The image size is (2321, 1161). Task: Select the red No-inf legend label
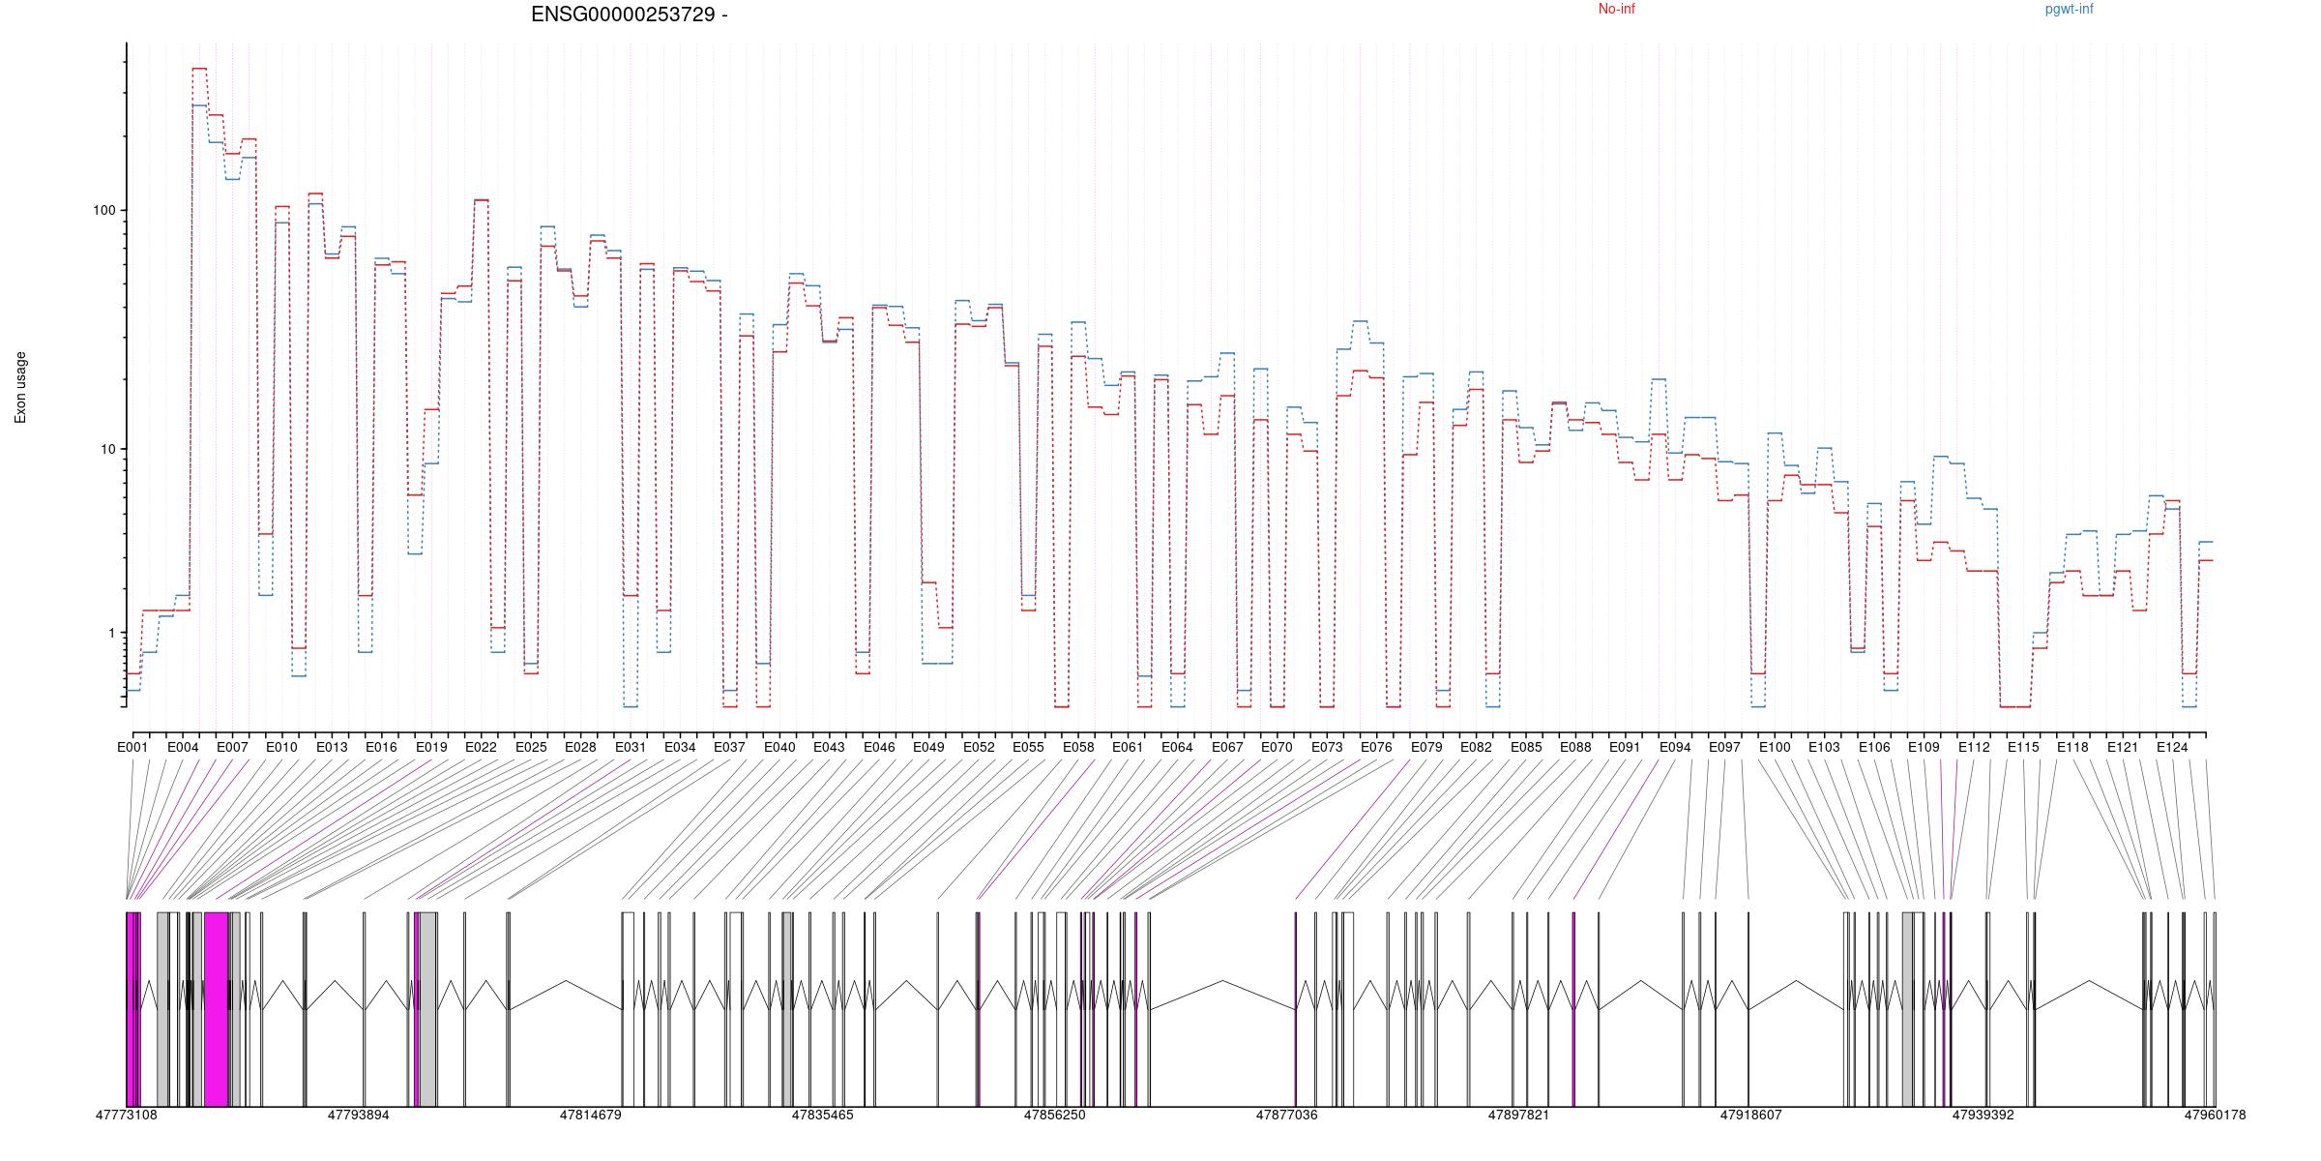[1616, 10]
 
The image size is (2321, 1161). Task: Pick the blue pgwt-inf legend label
[2069, 10]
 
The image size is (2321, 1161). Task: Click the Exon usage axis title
[20, 387]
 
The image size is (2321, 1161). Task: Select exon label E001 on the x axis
[132, 747]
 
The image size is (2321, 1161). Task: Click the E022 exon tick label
[481, 747]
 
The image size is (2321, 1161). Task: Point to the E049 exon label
[928, 747]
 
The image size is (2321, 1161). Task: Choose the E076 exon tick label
[1376, 747]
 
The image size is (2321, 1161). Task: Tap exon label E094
[1675, 747]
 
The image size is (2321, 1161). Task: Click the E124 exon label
[2172, 747]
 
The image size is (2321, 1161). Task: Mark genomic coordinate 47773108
[126, 1115]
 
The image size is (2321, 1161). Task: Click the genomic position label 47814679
[590, 1115]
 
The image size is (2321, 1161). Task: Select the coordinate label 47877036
[1286, 1115]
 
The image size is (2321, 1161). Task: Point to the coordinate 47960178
[2215, 1115]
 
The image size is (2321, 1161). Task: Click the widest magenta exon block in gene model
[216, 1009]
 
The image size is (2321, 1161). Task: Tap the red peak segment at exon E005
[199, 69]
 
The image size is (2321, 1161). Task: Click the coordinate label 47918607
[1750, 1115]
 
